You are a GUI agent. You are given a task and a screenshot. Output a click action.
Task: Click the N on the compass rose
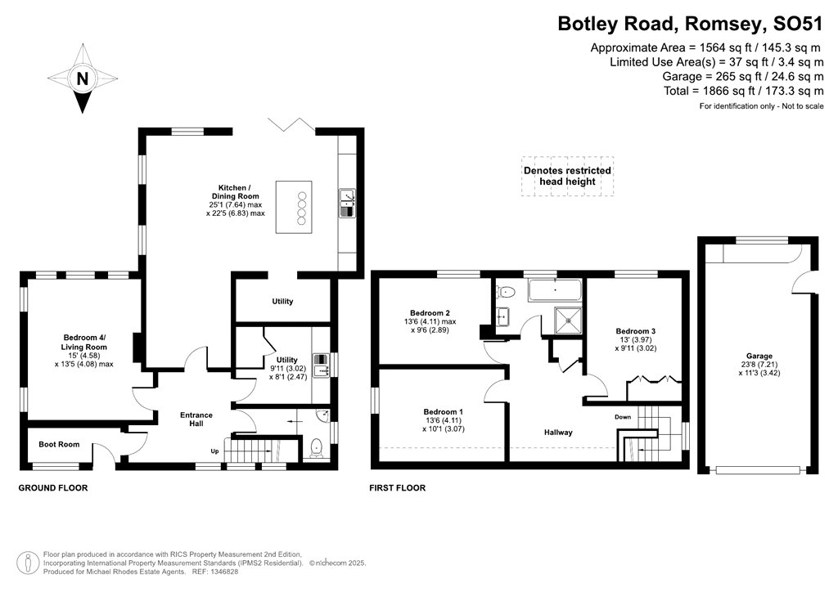click(x=82, y=79)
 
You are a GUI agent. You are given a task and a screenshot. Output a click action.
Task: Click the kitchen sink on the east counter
click(x=347, y=203)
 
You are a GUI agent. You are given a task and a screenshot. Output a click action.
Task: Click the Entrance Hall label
click(x=196, y=420)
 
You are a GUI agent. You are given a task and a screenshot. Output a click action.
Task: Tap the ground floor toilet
click(x=317, y=448)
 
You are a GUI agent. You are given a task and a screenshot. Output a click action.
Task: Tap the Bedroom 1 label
click(x=443, y=411)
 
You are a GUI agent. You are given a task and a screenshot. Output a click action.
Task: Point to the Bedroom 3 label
click(x=636, y=330)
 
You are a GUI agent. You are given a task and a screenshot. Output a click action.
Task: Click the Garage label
click(x=759, y=357)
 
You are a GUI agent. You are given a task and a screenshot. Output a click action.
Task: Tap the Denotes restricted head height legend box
click(x=567, y=176)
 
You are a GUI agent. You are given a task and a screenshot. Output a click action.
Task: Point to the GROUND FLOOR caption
click(x=53, y=487)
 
